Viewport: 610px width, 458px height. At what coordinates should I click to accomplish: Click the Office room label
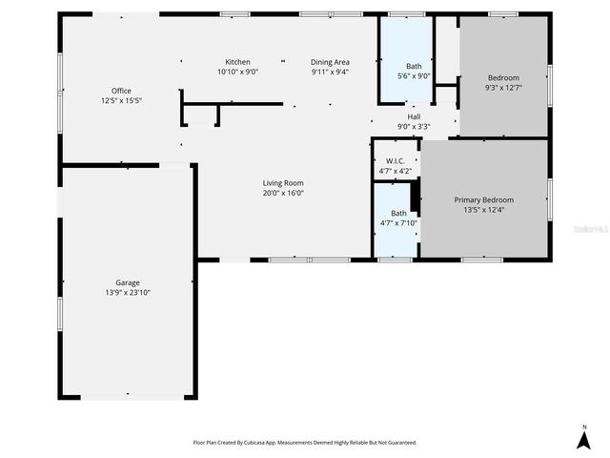[121, 91]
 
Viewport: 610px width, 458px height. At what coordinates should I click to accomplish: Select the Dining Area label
[330, 62]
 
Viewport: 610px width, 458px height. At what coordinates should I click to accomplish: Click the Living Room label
[283, 182]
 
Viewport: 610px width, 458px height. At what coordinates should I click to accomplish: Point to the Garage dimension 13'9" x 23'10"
[128, 292]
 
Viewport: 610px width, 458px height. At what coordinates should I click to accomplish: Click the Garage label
[128, 282]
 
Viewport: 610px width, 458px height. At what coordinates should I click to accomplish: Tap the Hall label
[414, 116]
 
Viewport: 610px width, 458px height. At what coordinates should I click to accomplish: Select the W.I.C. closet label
[395, 161]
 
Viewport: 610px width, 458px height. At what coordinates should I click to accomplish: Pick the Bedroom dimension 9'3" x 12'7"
[504, 87]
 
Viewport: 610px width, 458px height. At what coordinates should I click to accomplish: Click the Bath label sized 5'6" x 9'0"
[414, 66]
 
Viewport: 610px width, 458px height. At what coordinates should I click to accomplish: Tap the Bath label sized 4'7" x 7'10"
[398, 213]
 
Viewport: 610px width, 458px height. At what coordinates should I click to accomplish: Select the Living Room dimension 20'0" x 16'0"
[283, 193]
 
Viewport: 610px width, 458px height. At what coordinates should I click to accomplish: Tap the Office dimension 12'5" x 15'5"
[121, 100]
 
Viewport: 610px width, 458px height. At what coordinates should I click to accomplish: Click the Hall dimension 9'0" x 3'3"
[414, 126]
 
